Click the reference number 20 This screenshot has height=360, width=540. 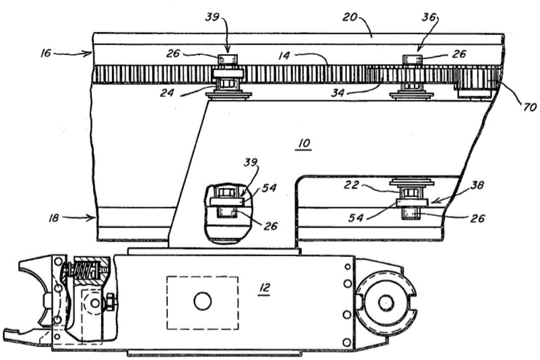[x=350, y=17]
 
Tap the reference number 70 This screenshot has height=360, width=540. [x=530, y=107]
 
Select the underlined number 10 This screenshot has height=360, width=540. [x=304, y=143]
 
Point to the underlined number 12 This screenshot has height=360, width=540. [x=264, y=287]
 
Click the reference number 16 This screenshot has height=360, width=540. [x=46, y=53]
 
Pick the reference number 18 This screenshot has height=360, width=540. [x=53, y=218]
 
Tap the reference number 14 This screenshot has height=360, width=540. [x=284, y=56]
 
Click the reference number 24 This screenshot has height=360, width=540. [x=167, y=93]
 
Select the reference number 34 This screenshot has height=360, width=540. [x=337, y=93]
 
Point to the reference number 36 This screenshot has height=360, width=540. [x=429, y=17]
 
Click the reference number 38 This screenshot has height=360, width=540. [x=477, y=186]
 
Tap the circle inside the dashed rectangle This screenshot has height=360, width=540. [x=202, y=301]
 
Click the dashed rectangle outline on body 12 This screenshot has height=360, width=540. [x=167, y=302]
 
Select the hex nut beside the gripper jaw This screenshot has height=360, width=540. [x=111, y=303]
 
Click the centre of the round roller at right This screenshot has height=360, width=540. [x=386, y=303]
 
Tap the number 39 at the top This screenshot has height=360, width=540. [x=212, y=17]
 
